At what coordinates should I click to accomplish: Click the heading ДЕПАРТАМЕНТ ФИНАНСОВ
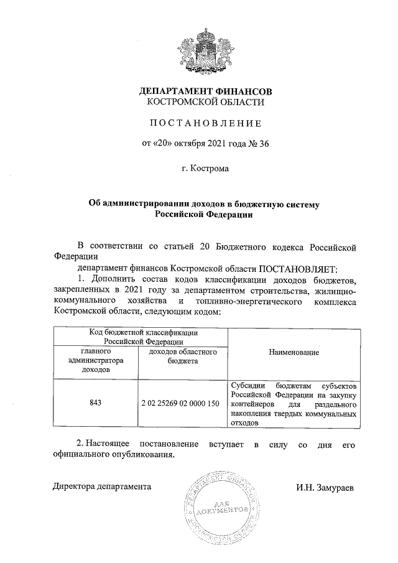pyautogui.click(x=205, y=91)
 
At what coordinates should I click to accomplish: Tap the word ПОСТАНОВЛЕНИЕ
pyautogui.click(x=205, y=123)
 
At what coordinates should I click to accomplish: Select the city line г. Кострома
pyautogui.click(x=205, y=169)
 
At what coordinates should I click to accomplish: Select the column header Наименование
pyautogui.click(x=294, y=353)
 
